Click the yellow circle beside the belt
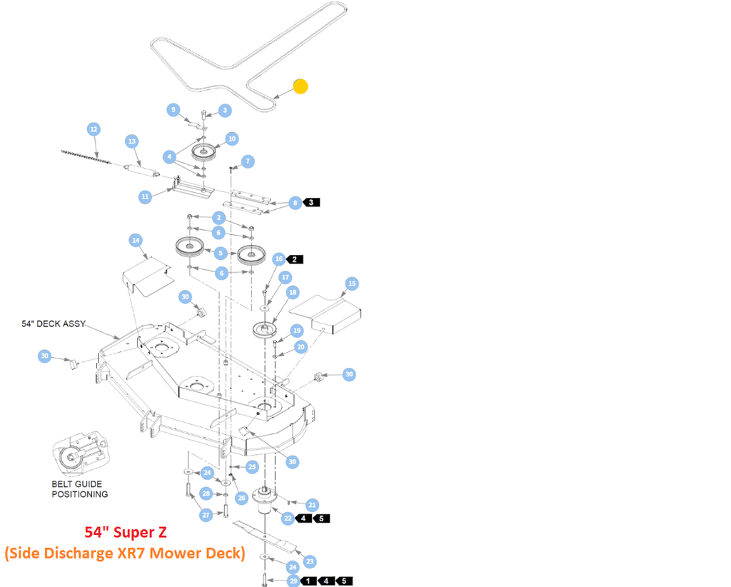(x=301, y=86)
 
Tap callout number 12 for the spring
(x=94, y=129)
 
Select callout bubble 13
(x=131, y=141)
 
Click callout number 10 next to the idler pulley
(x=231, y=138)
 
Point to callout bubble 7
(x=248, y=161)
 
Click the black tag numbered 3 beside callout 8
(x=312, y=203)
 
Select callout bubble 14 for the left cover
(x=136, y=240)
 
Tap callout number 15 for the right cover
(x=351, y=284)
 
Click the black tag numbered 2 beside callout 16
(x=296, y=259)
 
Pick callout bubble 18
(x=292, y=293)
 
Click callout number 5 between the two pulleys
(x=221, y=253)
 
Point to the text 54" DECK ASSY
(x=54, y=324)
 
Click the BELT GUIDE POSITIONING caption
(x=79, y=489)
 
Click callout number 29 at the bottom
(x=293, y=581)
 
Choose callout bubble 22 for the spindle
(x=288, y=518)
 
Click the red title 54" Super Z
(x=125, y=533)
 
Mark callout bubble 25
(x=252, y=467)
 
